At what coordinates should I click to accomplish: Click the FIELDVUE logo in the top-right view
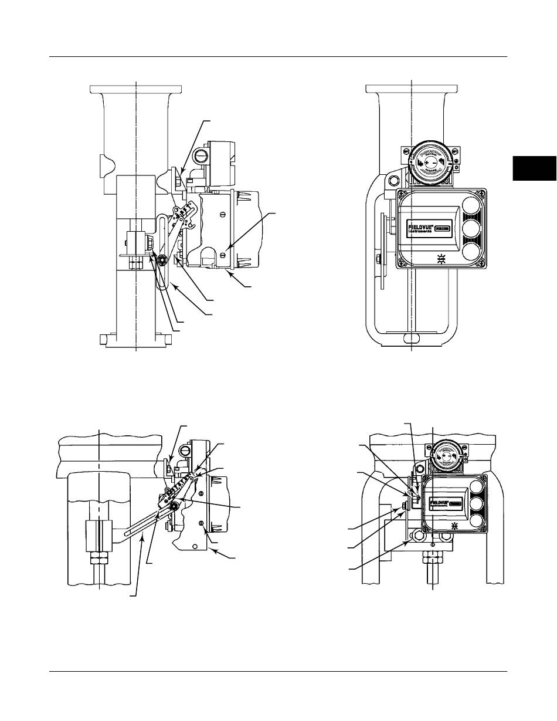pos(421,228)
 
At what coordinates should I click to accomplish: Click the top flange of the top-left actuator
pos(135,88)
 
